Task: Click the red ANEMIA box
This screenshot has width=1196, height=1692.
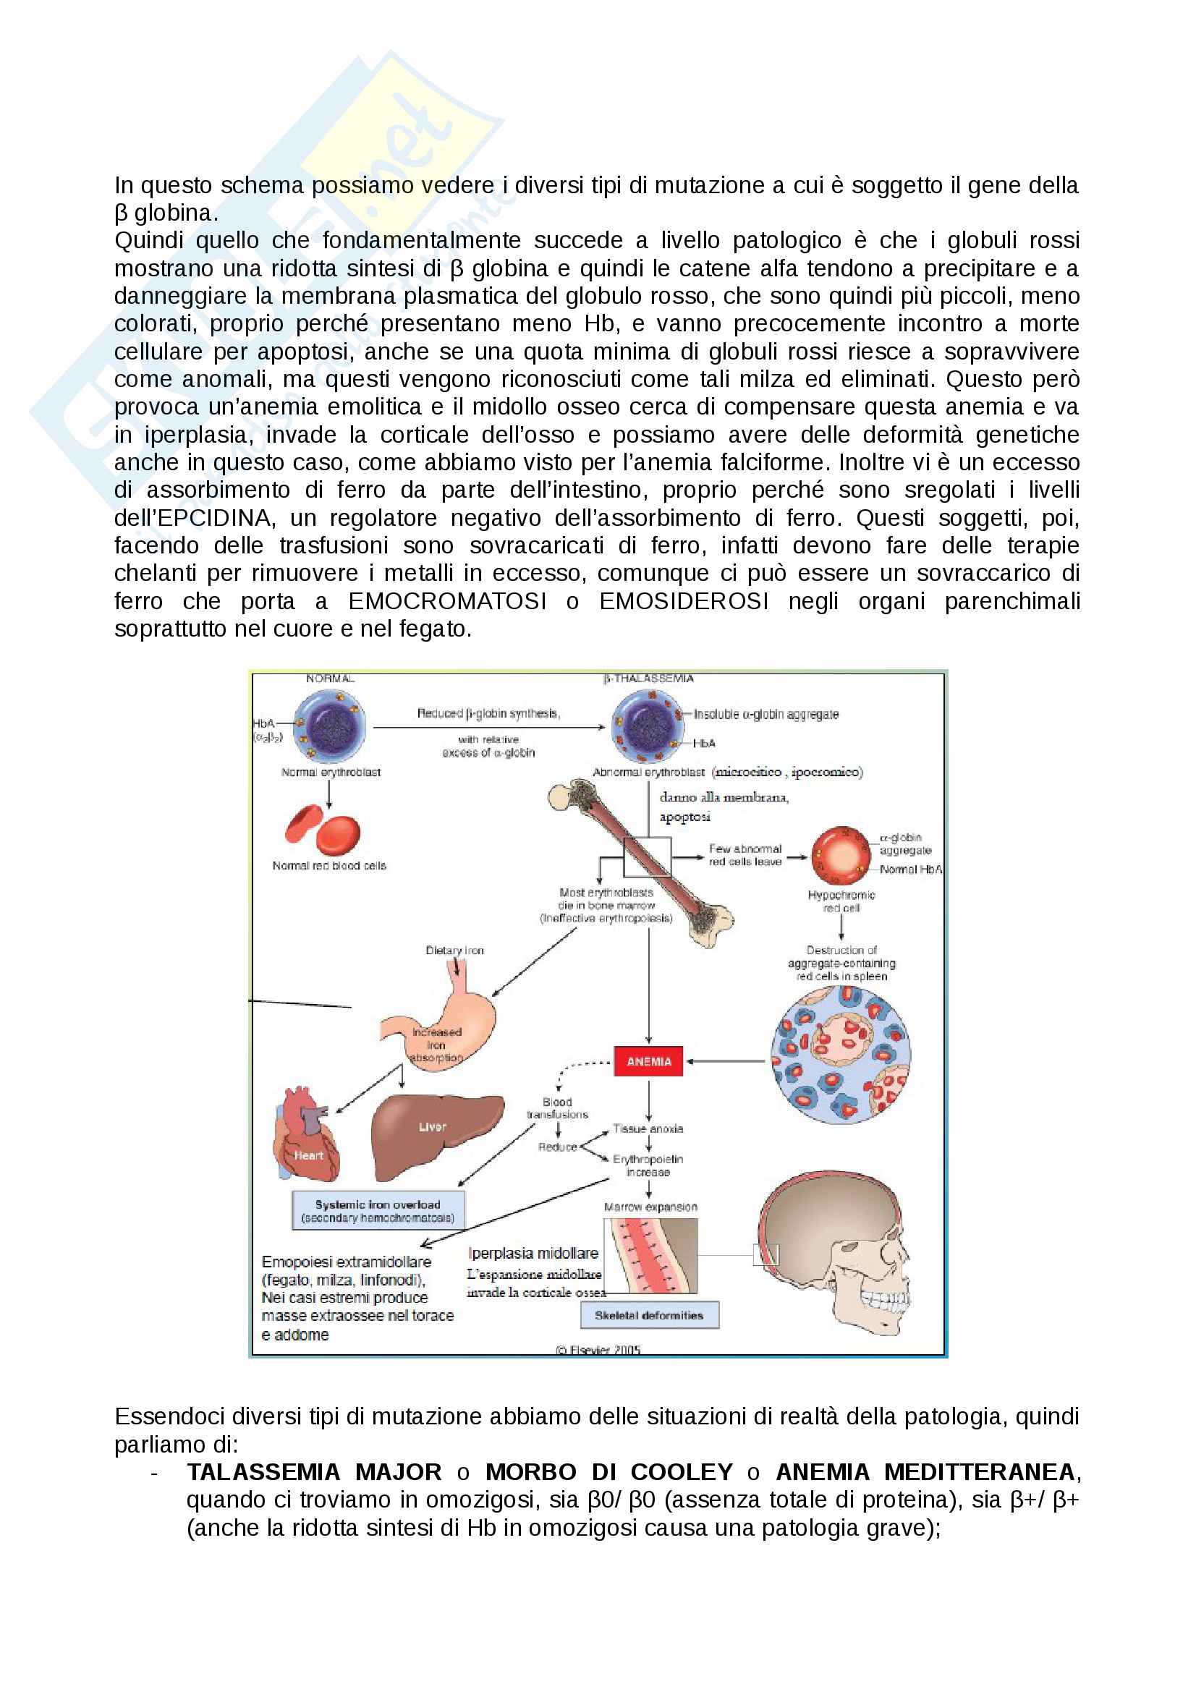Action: [x=648, y=1061]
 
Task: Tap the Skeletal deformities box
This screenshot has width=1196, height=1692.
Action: [x=648, y=1314]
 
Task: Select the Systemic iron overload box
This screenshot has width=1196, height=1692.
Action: [x=377, y=1211]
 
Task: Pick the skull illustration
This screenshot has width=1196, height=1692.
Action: [x=836, y=1253]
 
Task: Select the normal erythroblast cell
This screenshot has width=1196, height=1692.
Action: [x=329, y=726]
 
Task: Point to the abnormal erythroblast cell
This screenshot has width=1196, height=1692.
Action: [x=648, y=726]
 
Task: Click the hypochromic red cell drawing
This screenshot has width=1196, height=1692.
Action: [x=841, y=855]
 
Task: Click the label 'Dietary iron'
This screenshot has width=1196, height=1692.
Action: [x=454, y=951]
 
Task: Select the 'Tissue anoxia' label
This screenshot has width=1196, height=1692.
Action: [x=648, y=1128]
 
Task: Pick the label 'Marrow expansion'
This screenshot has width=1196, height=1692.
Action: [x=650, y=1207]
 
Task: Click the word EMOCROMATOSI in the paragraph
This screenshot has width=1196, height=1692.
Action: [x=446, y=601]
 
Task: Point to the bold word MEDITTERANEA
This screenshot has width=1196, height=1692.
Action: [x=980, y=1471]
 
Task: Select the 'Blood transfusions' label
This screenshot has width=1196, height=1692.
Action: [x=557, y=1108]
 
